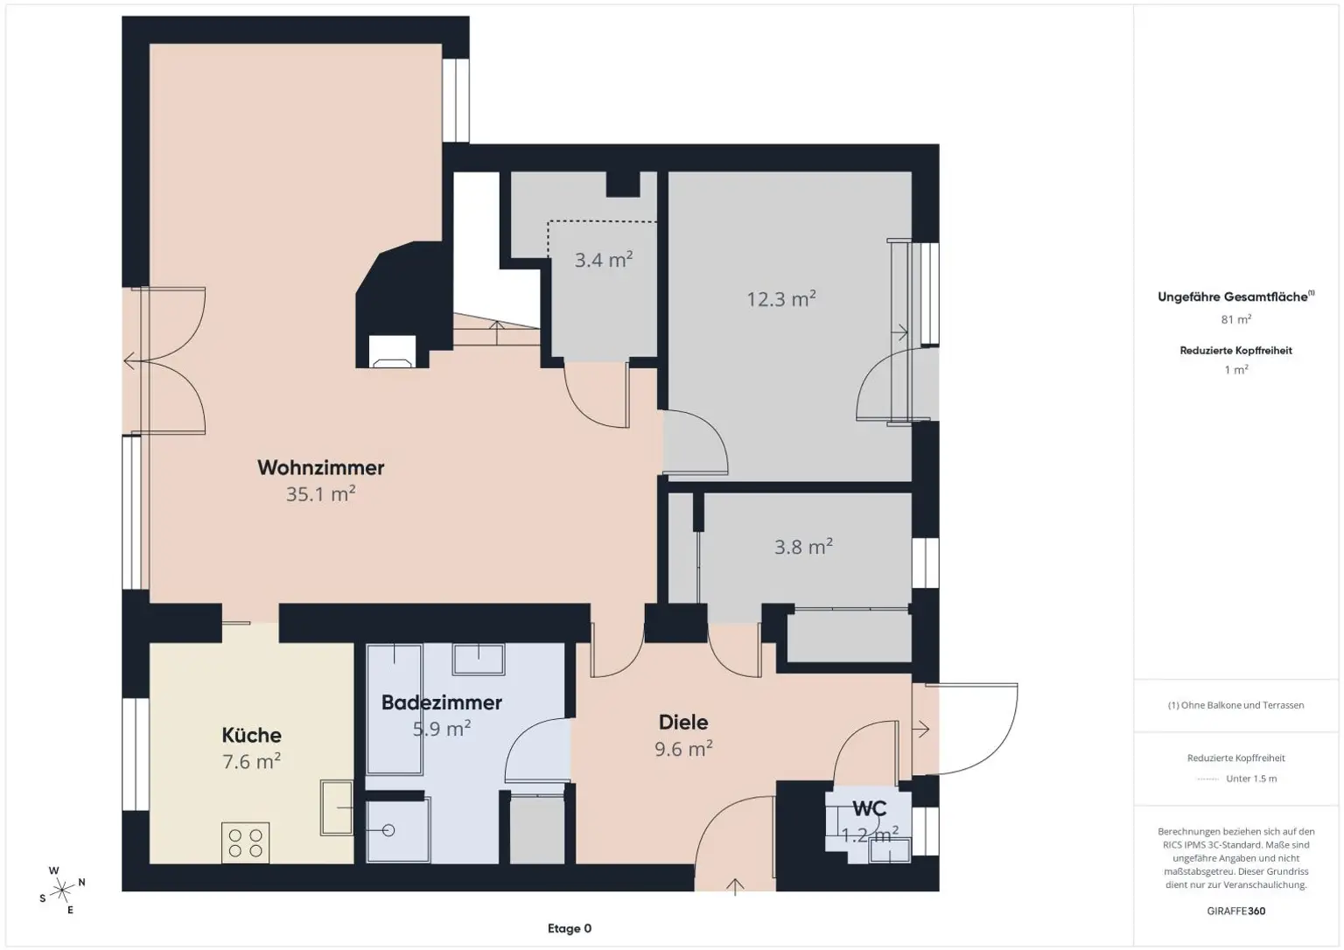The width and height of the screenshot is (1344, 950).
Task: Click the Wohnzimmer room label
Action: click(321, 468)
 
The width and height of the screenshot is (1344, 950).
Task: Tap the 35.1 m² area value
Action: click(321, 494)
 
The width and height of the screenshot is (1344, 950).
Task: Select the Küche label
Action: click(251, 736)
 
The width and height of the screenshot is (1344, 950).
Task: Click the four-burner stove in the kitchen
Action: click(245, 842)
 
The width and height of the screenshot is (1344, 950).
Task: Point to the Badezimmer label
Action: click(442, 703)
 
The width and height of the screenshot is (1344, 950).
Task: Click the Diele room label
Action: click(683, 723)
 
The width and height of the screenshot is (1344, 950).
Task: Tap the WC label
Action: click(870, 809)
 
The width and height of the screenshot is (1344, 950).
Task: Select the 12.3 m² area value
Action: click(781, 298)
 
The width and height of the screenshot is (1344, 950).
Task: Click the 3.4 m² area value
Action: click(604, 260)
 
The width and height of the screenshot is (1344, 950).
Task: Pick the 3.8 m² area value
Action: click(803, 547)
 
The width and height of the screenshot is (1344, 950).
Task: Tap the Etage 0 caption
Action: click(570, 928)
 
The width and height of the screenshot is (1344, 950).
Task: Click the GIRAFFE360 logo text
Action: click(1236, 911)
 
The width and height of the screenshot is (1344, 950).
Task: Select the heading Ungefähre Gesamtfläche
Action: click(1232, 297)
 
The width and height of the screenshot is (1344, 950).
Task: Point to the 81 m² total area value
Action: click(1236, 319)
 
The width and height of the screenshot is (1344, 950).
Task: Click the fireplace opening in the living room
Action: click(392, 352)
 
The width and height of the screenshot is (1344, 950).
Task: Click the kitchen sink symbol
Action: click(337, 808)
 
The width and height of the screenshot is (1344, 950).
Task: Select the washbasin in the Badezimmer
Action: click(479, 660)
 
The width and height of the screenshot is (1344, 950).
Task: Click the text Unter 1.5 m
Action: click(1251, 779)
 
